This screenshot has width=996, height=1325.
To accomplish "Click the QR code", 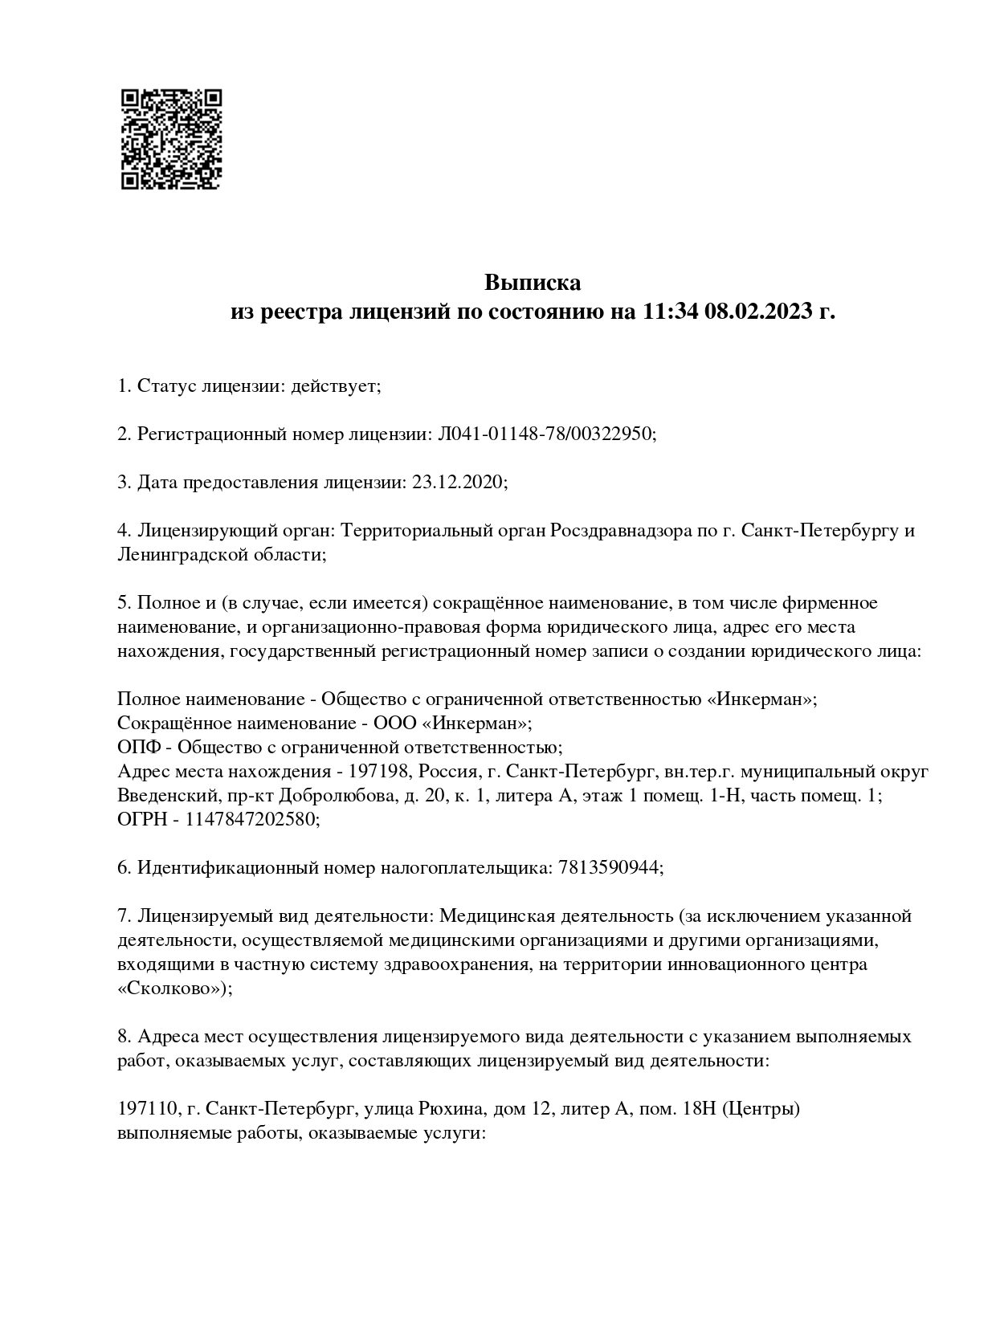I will (x=170, y=139).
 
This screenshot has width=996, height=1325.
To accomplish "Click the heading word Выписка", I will (x=532, y=283).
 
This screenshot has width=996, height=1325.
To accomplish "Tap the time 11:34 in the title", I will (x=670, y=312).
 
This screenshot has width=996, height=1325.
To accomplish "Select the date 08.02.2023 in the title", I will (x=757, y=312).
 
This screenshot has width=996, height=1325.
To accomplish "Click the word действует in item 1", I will (x=333, y=386).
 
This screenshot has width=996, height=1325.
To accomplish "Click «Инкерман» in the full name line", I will (x=761, y=699).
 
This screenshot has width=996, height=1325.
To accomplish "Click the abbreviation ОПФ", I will (x=138, y=747).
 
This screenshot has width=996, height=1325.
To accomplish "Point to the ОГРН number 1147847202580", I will (x=252, y=819).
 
